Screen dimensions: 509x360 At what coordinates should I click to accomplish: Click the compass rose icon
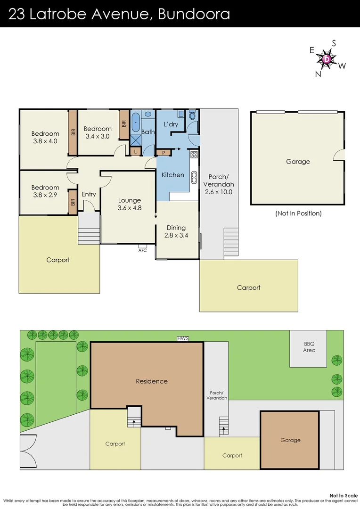coord(327,59)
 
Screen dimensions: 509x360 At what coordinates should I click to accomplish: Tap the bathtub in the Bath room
coord(136,122)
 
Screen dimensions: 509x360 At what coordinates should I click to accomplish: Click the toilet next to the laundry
coord(192,116)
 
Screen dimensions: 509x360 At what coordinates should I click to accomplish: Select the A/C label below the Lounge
coord(142,250)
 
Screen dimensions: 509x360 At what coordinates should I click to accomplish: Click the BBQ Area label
coord(309,347)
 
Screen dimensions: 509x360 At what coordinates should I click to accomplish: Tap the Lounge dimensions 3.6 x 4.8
coord(129,207)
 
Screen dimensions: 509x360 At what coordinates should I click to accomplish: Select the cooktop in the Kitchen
coord(194,154)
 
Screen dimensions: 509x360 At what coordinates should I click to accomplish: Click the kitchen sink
coord(194,177)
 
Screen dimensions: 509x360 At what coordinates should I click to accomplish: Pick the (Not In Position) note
coord(298,213)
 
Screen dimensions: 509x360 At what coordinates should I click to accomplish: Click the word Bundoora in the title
coord(194,14)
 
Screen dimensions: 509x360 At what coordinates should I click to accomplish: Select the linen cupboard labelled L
coord(136,151)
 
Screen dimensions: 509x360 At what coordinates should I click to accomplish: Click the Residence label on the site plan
coord(152,381)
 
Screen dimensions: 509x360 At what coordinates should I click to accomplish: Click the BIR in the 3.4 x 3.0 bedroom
coord(124,124)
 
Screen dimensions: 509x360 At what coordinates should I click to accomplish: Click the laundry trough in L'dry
coord(180,114)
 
